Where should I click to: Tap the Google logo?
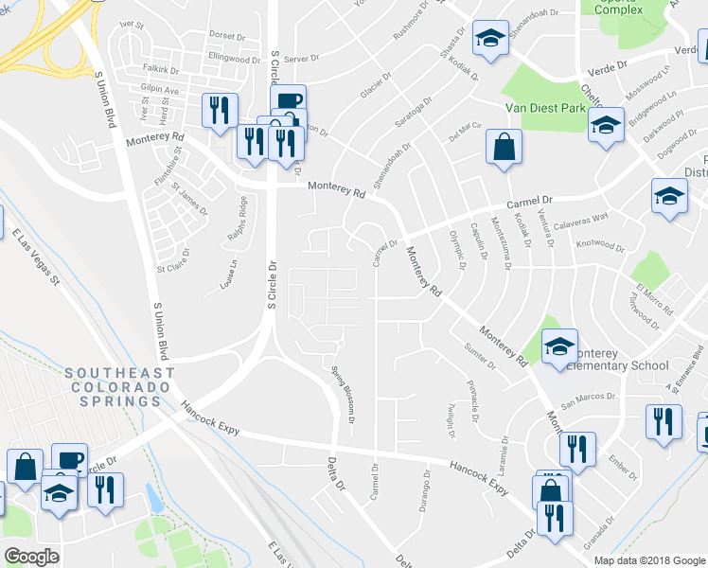[31, 557]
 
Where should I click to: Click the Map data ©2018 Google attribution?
[648, 560]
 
